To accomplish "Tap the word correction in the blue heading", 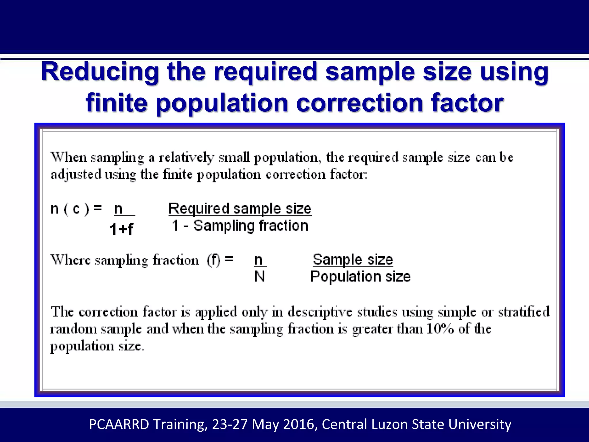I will pyautogui.click(x=359, y=103).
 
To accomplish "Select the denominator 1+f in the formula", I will pyautogui.click(x=121, y=229).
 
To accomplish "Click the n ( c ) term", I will pyautogui.click(x=69, y=209).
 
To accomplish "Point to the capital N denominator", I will pyautogui.click(x=259, y=277).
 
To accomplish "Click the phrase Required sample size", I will pyautogui.click(x=240, y=209).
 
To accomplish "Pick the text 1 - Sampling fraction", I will pyautogui.click(x=240, y=226).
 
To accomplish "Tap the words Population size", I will pyautogui.click(x=360, y=277).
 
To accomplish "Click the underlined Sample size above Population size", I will pyautogui.click(x=353, y=260).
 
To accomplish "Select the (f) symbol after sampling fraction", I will pyautogui.click(x=213, y=260).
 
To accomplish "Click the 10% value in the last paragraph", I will pyautogui.click(x=440, y=329).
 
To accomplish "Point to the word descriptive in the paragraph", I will pyautogui.click(x=320, y=312).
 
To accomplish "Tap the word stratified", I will pyautogui.click(x=523, y=312).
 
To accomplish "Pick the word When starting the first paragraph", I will pyautogui.click(x=69, y=157).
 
